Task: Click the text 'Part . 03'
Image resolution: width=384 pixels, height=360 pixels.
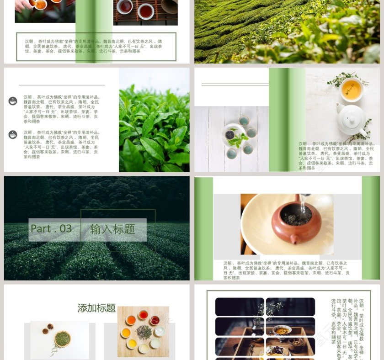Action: (x=51, y=229)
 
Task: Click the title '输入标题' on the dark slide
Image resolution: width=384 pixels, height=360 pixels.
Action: (x=112, y=229)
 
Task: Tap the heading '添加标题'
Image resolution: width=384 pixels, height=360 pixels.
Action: (x=96, y=308)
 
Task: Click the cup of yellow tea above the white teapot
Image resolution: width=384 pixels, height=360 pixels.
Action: (x=352, y=89)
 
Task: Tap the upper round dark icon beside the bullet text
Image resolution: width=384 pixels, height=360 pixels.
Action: (x=13, y=101)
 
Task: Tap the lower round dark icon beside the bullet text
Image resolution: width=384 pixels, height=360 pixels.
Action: (x=13, y=134)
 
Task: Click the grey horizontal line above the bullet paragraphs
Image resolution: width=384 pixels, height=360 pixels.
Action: (x=62, y=85)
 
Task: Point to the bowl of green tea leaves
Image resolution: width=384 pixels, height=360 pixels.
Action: (x=63, y=339)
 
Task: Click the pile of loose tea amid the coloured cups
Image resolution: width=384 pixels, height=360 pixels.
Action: (x=144, y=332)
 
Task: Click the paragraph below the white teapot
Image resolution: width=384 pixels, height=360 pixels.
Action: (x=336, y=156)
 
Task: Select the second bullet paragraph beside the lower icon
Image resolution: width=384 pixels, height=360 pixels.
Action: (x=61, y=144)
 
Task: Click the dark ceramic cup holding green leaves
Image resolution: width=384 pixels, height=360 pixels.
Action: (x=230, y=135)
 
